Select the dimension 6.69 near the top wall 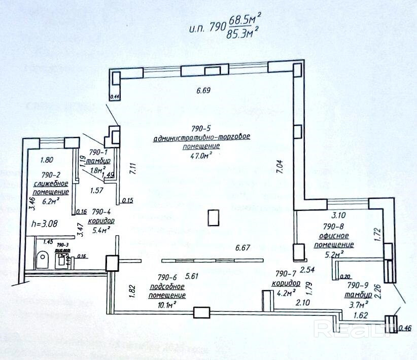[203, 91]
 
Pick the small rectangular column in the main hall [214, 218]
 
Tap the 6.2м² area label [50, 201]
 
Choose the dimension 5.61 [191, 276]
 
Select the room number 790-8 [334, 226]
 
